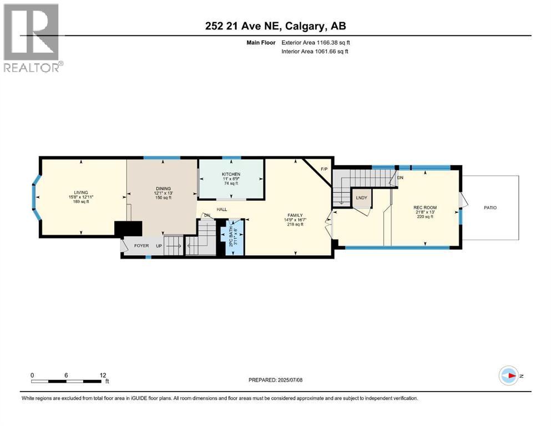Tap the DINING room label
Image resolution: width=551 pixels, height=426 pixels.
click(163, 188)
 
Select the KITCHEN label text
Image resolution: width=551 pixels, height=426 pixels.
click(231, 174)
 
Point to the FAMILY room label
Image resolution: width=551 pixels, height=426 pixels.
click(294, 215)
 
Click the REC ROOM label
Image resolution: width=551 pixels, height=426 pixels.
click(424, 208)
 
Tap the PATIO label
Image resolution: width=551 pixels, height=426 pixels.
click(490, 208)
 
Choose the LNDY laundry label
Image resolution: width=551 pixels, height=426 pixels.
click(362, 197)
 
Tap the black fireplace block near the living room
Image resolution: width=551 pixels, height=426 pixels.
click(128, 229)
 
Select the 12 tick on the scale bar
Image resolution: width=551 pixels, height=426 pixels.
click(103, 376)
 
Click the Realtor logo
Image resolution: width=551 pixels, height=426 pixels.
click(32, 37)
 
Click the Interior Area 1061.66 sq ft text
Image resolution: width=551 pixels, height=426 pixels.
click(315, 52)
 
